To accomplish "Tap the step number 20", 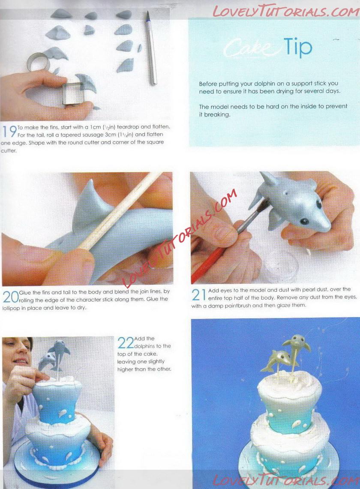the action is tap(10, 297).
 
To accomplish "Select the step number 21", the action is tap(199, 295).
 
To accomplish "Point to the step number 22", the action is tap(126, 343).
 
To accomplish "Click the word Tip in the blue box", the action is tap(297, 47).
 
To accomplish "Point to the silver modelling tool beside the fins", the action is tap(151, 48).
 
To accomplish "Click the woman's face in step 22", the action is tap(20, 354).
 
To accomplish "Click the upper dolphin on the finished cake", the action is tap(297, 345).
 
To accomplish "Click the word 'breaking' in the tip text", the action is tap(217, 114).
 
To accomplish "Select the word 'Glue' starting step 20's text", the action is tap(24, 293).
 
